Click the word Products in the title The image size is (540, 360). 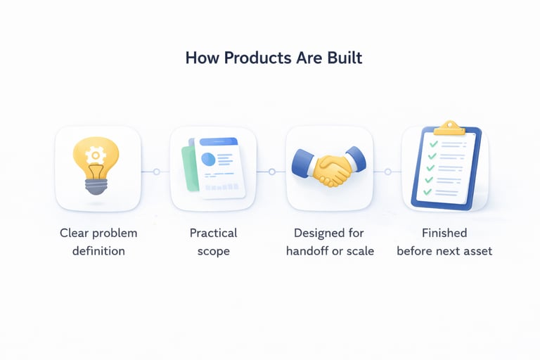click(x=255, y=58)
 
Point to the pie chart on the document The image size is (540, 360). click(x=208, y=160)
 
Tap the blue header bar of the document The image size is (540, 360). click(x=218, y=142)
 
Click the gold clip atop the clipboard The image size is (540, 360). click(x=449, y=128)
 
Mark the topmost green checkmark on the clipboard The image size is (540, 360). click(x=434, y=144)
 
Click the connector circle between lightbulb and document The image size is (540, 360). click(x=156, y=172)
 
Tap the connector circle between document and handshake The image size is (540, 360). click(x=271, y=172)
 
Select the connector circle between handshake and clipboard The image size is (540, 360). click(x=387, y=172)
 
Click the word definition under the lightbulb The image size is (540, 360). click(x=98, y=251)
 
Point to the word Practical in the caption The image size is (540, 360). click(x=213, y=233)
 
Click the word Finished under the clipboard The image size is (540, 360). click(x=444, y=233)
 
